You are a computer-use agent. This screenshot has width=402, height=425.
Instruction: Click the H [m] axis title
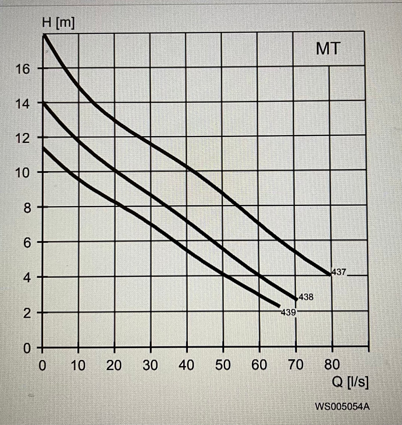(58, 24)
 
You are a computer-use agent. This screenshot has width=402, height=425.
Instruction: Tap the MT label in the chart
(328, 49)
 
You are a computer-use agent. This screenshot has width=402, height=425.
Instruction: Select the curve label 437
(339, 272)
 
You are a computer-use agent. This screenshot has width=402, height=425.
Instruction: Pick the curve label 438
(306, 297)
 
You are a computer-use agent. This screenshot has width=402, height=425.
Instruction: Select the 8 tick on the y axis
(27, 208)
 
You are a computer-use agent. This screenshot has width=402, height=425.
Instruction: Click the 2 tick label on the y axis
(27, 313)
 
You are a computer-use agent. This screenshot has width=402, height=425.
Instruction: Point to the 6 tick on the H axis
(27, 243)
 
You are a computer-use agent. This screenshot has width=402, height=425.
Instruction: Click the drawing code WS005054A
(342, 406)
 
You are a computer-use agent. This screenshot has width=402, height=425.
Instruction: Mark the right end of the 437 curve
(330, 275)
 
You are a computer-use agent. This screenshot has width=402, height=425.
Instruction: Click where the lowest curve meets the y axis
(43, 148)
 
